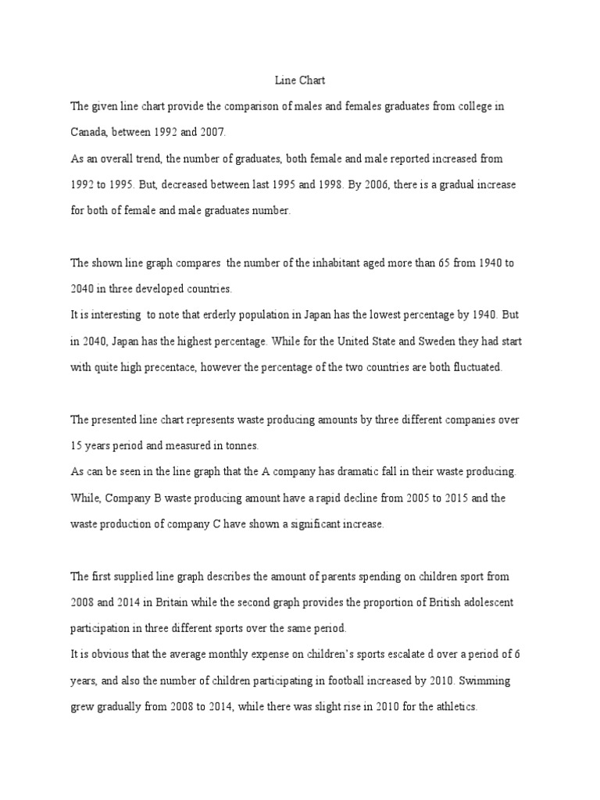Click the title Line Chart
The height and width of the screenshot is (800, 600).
(299, 80)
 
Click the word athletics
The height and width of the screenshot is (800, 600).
(455, 708)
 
